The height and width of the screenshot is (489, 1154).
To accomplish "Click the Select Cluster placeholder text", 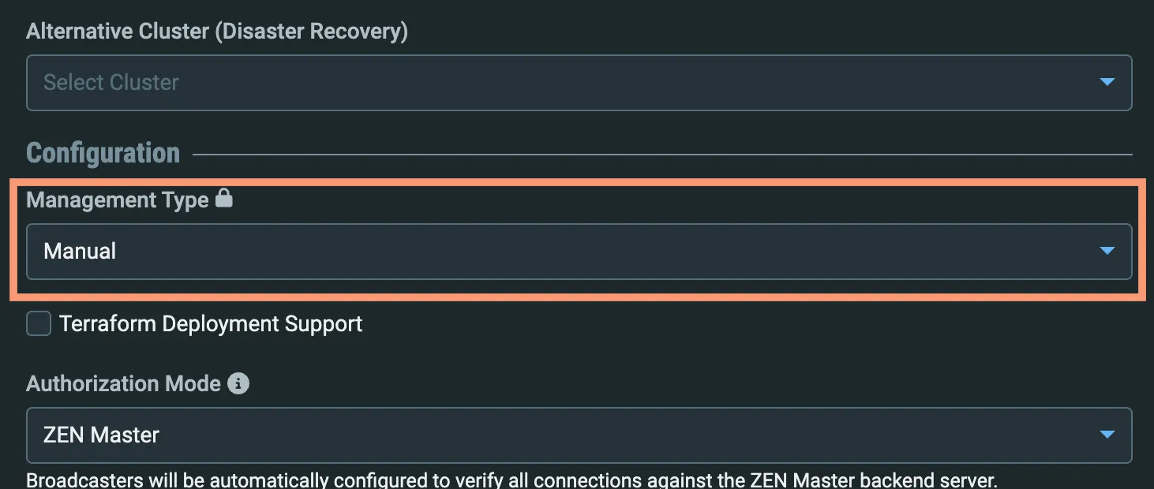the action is point(111,82).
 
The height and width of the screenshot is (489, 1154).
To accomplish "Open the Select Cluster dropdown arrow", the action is point(1107,82).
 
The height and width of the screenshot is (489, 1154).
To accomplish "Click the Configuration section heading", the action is point(103,153).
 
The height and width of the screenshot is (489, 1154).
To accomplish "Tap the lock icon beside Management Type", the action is point(223,198).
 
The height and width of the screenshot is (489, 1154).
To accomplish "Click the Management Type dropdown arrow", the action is point(1107,251).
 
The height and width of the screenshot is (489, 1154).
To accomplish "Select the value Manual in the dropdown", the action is point(80,251).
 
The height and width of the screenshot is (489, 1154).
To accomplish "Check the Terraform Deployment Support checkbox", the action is point(39,323).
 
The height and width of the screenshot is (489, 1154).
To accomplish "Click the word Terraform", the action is point(107,324).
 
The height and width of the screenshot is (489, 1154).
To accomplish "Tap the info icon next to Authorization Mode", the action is point(238,383).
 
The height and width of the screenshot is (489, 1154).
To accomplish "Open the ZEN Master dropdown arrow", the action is point(1107,435).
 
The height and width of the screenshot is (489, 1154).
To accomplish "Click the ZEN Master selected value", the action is point(101,435).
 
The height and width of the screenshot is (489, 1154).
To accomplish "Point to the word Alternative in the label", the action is point(80,32).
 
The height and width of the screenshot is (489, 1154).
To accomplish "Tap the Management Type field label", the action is point(118,200).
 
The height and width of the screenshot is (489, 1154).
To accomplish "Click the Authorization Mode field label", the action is point(123,384).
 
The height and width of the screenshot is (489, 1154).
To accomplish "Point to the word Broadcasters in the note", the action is point(84,480).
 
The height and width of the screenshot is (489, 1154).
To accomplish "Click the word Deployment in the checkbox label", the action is point(220,324).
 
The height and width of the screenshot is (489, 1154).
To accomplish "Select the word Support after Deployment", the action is point(324,324).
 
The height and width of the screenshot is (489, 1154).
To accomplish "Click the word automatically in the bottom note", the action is point(269,480).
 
